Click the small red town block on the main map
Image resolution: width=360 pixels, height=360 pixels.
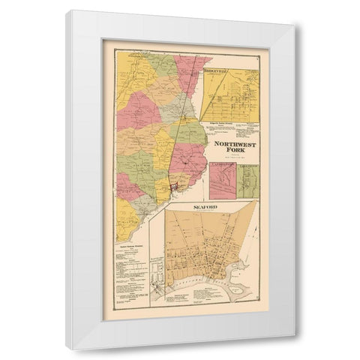pyautogui.click(x=174, y=184)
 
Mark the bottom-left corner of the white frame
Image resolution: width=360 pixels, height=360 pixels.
pyautogui.click(x=66, y=349)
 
